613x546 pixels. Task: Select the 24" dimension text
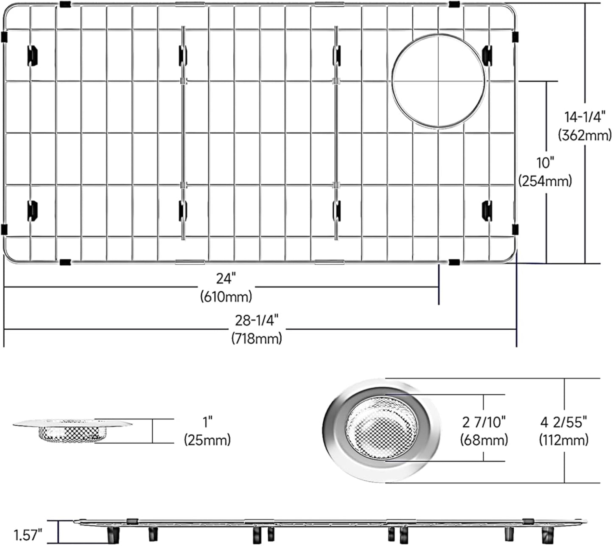point(226,279)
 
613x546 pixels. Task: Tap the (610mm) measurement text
point(226,296)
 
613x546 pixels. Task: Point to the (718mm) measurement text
point(257,339)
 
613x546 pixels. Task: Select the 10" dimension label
point(546,162)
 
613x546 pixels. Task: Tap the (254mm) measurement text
point(546,181)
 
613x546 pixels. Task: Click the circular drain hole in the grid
point(438,81)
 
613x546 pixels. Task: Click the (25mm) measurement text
point(207,440)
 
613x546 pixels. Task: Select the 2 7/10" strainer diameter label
point(484,422)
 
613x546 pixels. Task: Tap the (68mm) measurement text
point(484,440)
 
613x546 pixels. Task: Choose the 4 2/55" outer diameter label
point(564,422)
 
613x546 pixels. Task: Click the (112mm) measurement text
point(564,440)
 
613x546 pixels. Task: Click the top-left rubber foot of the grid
point(32,55)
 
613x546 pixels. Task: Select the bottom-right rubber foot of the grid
point(487,210)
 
